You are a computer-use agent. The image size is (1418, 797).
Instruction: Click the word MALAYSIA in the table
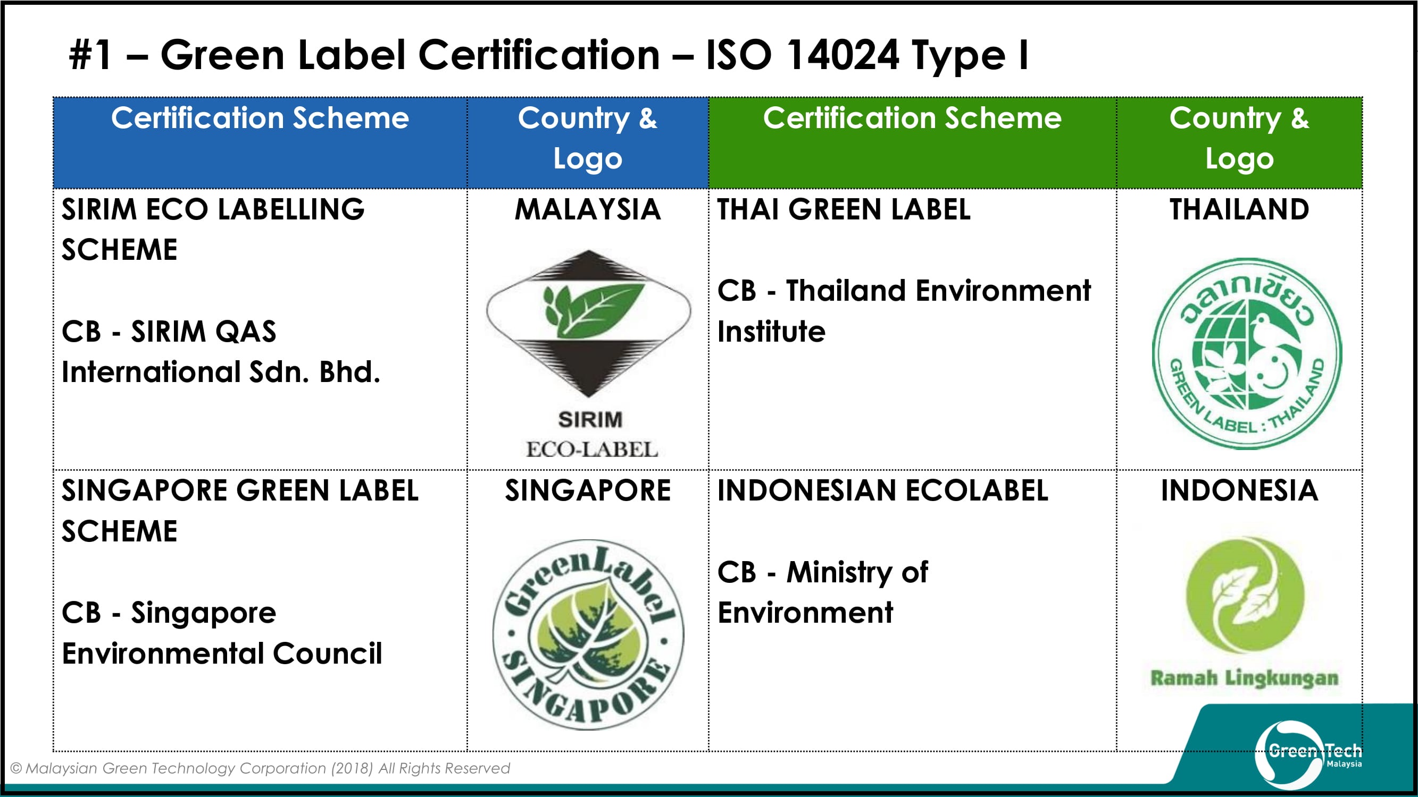point(587,209)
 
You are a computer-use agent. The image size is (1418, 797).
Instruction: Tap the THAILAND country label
point(1239,209)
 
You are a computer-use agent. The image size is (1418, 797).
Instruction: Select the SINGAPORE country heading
point(587,490)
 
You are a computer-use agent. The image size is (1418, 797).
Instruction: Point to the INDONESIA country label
point(1239,490)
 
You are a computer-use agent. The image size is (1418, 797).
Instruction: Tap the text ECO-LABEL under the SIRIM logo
point(592,450)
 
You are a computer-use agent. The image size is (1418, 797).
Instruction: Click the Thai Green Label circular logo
point(1247,354)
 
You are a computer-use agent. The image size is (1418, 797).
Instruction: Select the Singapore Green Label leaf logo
point(588,635)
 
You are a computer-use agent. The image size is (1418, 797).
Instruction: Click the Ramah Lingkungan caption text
point(1244,678)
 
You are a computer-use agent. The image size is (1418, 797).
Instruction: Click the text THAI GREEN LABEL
point(844,209)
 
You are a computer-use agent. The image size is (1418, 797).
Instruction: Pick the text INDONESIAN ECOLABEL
point(882,490)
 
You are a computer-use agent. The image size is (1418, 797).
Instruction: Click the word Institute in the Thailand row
point(771,332)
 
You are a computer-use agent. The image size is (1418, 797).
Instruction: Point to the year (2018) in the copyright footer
point(352,768)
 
